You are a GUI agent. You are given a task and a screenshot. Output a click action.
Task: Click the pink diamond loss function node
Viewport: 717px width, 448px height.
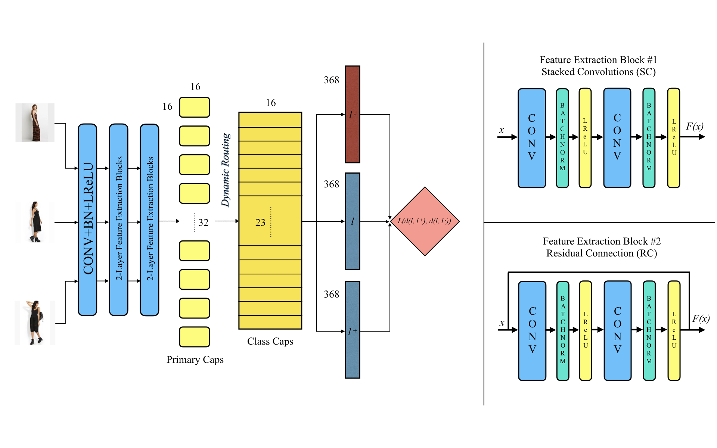point(425,221)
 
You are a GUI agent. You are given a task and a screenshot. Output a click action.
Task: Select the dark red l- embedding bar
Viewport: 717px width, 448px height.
point(352,114)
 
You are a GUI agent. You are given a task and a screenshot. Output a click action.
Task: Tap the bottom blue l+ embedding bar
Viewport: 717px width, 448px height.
point(352,330)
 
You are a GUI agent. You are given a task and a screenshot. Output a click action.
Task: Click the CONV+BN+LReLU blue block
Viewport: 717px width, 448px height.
point(87,220)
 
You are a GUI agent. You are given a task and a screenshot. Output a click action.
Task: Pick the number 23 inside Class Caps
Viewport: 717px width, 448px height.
point(260,223)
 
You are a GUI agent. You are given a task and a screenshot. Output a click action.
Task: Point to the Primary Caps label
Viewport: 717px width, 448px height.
point(195,360)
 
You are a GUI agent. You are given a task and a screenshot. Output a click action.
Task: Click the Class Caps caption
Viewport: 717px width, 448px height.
point(270,341)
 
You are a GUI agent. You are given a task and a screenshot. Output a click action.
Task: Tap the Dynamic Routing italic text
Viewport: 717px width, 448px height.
point(226,170)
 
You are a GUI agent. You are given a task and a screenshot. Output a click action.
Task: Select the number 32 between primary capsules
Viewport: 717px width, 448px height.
point(203,223)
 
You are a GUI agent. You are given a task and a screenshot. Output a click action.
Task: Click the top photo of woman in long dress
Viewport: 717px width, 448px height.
point(35,123)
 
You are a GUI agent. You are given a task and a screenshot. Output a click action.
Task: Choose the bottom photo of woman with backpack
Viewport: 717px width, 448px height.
point(35,323)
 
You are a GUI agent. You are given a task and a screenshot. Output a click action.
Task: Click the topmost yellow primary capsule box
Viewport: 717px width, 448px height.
point(194,107)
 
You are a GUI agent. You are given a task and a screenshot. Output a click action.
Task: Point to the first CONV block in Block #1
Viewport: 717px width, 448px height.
point(531,138)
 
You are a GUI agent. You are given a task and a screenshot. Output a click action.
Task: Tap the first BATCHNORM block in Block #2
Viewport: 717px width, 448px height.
point(562,330)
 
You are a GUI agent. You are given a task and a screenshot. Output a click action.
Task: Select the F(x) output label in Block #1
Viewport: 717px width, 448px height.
point(694,127)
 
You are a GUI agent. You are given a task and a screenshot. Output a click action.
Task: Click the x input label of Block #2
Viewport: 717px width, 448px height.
point(502,323)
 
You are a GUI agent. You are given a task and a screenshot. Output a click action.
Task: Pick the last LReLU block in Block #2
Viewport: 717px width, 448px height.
point(674,330)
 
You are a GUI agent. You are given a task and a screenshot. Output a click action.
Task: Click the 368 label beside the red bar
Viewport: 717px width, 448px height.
point(331,80)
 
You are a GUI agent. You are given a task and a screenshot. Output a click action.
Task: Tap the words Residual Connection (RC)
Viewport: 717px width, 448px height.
point(601,253)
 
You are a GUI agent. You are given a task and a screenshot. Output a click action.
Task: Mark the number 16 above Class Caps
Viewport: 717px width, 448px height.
point(271,103)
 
